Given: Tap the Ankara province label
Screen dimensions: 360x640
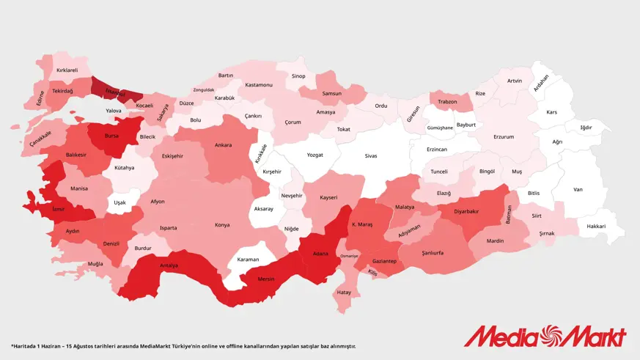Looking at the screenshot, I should pos(223,144).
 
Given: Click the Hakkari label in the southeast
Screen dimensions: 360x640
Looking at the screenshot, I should pos(596,227).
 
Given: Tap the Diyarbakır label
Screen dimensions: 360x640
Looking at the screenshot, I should pos(466,211).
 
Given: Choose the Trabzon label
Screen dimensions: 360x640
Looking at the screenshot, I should pos(447,102).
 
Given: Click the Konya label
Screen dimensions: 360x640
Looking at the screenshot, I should pos(221,225).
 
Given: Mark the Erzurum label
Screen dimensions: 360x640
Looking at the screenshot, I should pos(504,136).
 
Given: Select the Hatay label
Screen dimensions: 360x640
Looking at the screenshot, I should pos(343,292).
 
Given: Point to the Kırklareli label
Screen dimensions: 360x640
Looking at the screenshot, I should pos(67,70).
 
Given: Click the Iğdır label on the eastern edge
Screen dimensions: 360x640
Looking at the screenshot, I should pos(586,127).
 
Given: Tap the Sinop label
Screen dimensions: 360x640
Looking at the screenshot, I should pos(298,76).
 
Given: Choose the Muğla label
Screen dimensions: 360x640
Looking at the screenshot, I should pos(95,263).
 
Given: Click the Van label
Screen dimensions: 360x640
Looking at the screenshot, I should pos(578,189).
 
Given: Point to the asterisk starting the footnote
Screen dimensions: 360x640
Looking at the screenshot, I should pos(12,345).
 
